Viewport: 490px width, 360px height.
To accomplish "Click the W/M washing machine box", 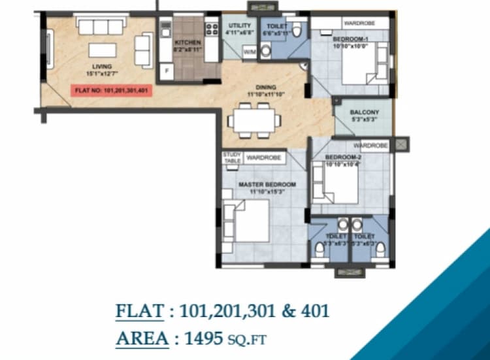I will pyautogui.click(x=232, y=52).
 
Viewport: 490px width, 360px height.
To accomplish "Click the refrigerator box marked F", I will pyautogui.click(x=167, y=69).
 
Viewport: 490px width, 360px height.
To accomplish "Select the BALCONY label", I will pyautogui.click(x=361, y=112).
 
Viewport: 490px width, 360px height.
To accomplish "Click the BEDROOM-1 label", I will pyautogui.click(x=350, y=41).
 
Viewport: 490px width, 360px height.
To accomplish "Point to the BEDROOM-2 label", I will pyautogui.click(x=342, y=159).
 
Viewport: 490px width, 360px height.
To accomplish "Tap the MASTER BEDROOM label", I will pyautogui.click(x=267, y=185).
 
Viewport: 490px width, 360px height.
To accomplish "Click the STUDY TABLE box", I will pyautogui.click(x=233, y=157).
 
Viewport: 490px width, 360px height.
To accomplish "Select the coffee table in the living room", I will pyautogui.click(x=103, y=50).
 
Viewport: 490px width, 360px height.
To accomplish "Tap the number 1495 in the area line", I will pyautogui.click(x=203, y=338).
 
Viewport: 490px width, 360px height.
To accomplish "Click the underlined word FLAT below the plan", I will pyautogui.click(x=139, y=311).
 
